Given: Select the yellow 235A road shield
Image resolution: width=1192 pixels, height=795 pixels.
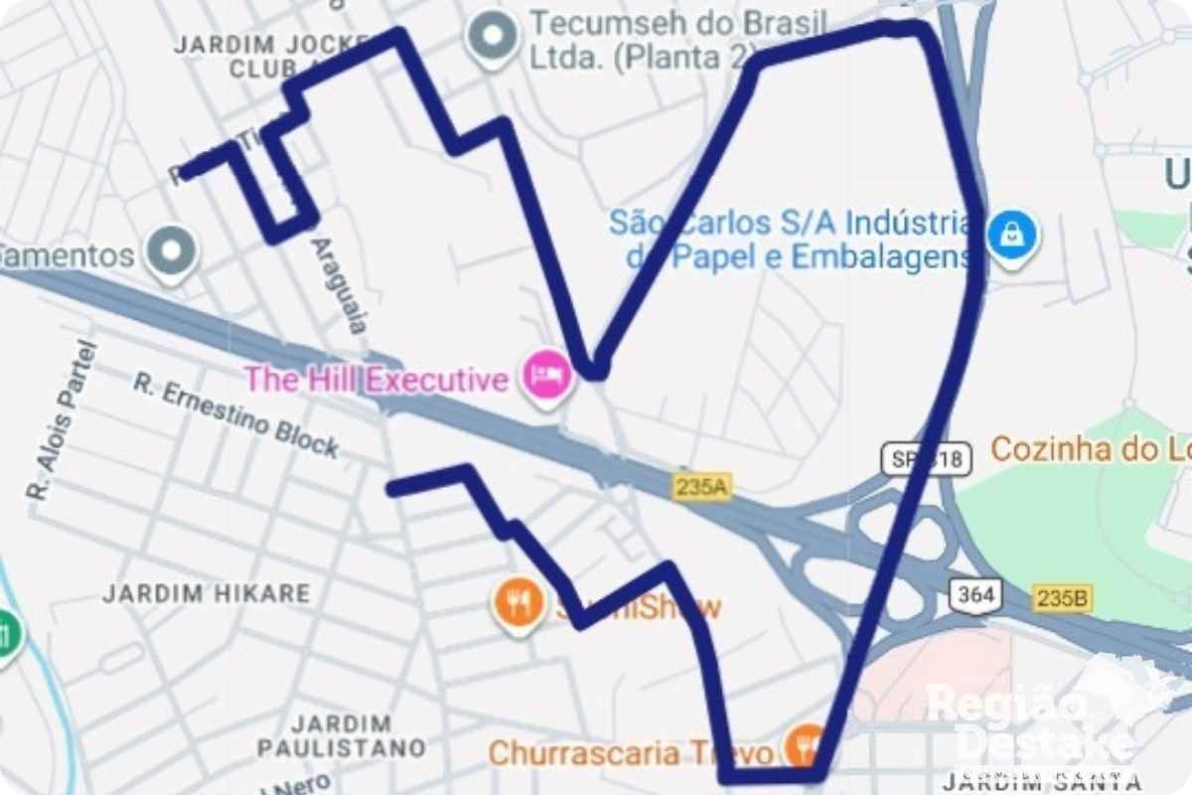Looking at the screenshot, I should coord(701,486).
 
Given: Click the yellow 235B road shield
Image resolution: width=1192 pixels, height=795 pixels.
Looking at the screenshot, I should coord(1062,598).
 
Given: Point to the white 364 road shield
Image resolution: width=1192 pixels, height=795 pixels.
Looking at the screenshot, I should coord(976,595).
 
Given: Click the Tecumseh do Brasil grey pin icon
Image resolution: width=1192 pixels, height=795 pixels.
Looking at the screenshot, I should coord(493,37).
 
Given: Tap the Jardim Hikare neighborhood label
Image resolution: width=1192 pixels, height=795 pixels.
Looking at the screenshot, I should coord(207,594).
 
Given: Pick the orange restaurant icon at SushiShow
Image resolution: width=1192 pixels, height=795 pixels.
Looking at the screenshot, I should coord(518,601).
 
